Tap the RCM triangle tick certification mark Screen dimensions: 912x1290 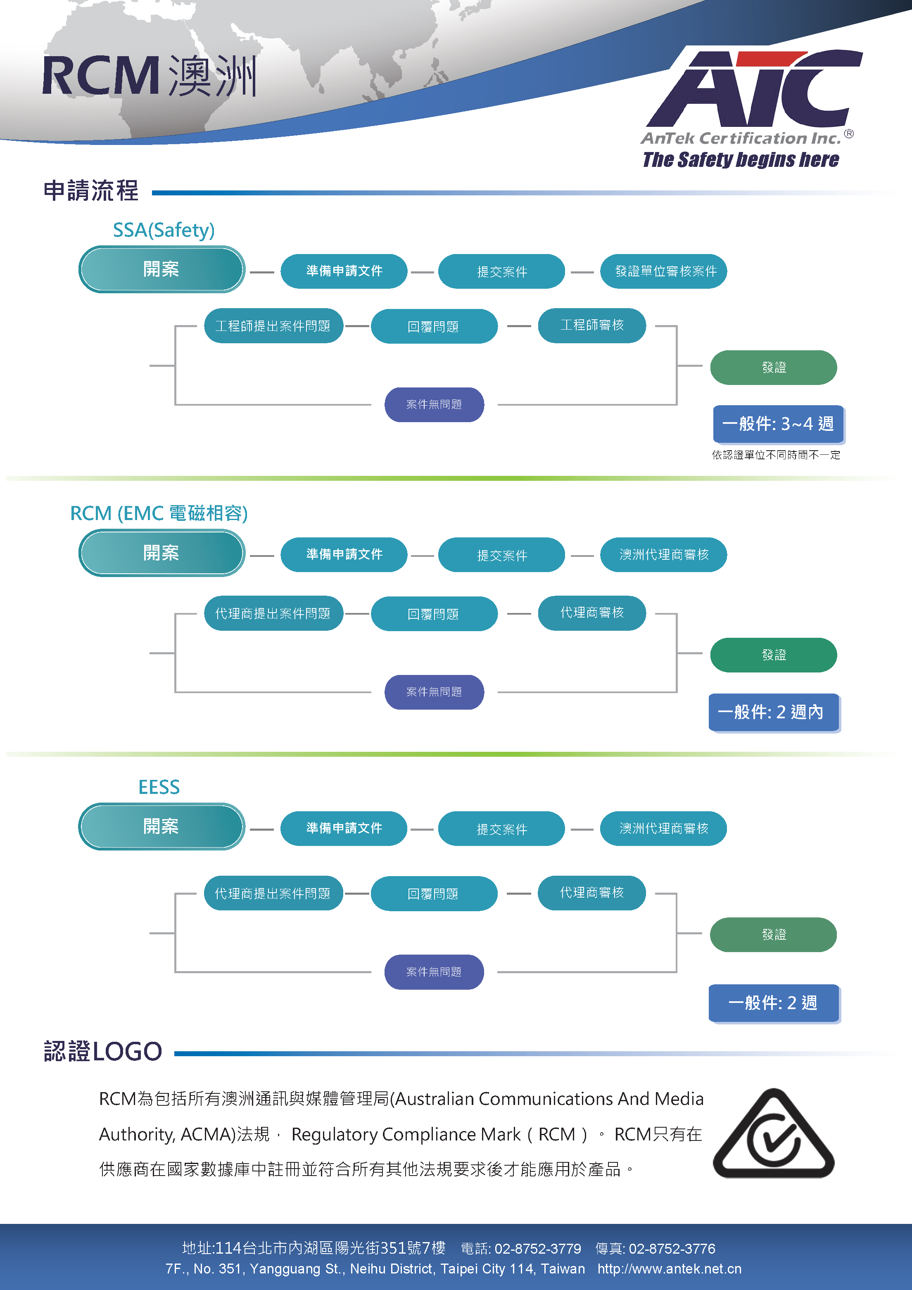click(x=773, y=1134)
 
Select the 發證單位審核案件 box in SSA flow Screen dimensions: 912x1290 click(x=664, y=271)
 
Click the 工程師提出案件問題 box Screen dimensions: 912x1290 click(x=273, y=326)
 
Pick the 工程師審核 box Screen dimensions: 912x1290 click(x=592, y=325)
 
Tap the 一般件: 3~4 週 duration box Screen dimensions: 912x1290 click(x=778, y=424)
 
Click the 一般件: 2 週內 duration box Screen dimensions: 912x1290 click(x=774, y=713)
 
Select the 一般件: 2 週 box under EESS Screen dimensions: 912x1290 click(x=774, y=1003)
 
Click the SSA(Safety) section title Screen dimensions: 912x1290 click(x=164, y=230)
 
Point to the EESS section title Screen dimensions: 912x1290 click(x=159, y=787)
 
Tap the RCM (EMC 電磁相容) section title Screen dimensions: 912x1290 click(x=159, y=513)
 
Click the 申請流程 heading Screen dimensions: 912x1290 click(x=91, y=190)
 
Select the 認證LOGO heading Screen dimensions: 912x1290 click(x=103, y=1051)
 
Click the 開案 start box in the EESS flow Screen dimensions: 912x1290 click(x=161, y=827)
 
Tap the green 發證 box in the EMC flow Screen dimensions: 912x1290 click(x=774, y=655)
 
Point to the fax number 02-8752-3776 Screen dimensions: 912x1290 click(x=672, y=1248)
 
